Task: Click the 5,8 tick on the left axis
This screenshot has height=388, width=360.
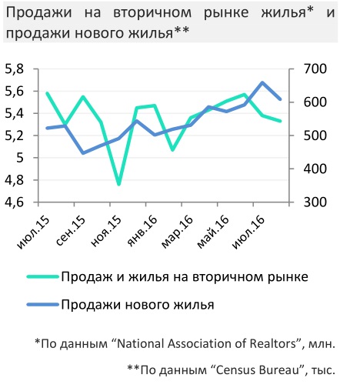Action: pyautogui.click(x=15, y=69)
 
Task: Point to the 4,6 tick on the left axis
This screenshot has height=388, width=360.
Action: pyautogui.click(x=15, y=202)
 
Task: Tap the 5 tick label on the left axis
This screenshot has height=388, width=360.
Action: pyautogui.click(x=20, y=158)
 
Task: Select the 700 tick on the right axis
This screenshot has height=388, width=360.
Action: pyautogui.click(x=315, y=69)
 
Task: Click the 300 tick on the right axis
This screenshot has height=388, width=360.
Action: pyautogui.click(x=315, y=202)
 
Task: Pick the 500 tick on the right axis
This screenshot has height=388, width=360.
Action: pyautogui.click(x=315, y=135)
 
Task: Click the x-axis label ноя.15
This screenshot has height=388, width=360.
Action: pyautogui.click(x=106, y=232)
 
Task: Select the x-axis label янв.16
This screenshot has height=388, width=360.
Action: pyautogui.click(x=142, y=232)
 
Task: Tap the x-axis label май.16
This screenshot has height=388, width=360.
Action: pyautogui.click(x=213, y=232)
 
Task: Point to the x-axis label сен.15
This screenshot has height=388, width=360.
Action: pyautogui.click(x=70, y=232)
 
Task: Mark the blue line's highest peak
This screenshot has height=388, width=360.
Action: pyautogui.click(x=262, y=82)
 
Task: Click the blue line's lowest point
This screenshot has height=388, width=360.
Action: pyautogui.click(x=83, y=153)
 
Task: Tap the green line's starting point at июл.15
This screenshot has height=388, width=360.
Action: pyautogui.click(x=47, y=93)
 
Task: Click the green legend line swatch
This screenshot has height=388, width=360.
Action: pyautogui.click(x=43, y=276)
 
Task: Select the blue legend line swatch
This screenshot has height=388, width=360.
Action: pyautogui.click(x=43, y=305)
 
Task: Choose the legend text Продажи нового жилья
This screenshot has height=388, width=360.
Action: pyautogui.click(x=138, y=305)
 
